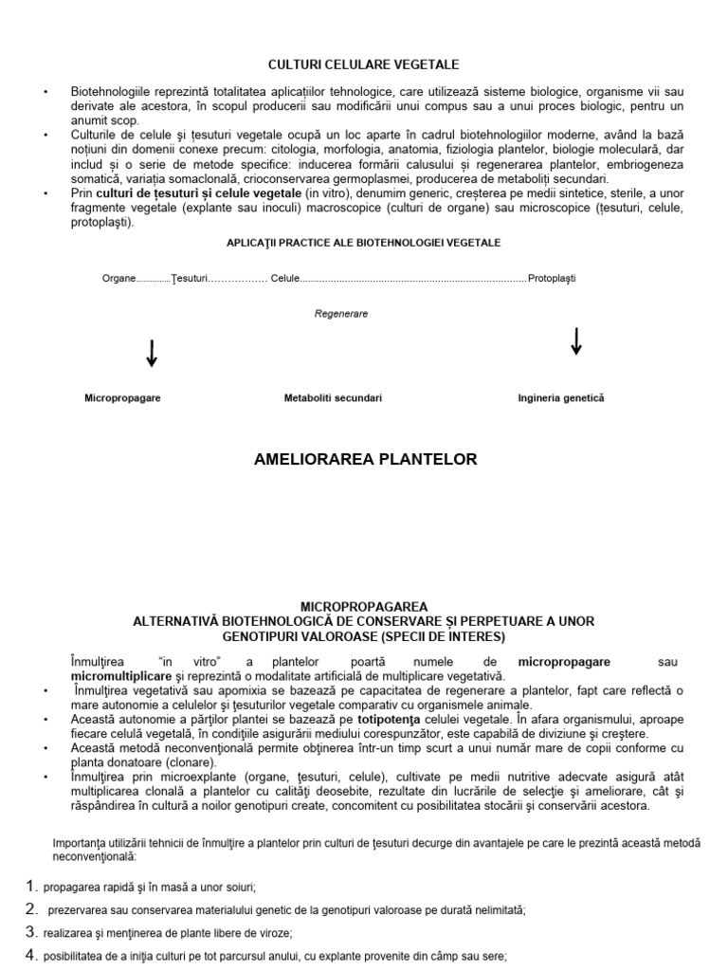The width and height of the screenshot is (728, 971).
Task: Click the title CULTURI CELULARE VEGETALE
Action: click(364, 64)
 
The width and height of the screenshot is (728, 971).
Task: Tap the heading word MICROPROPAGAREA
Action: click(364, 606)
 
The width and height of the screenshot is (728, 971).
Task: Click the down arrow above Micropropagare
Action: click(151, 354)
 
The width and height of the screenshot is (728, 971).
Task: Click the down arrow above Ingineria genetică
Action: click(575, 341)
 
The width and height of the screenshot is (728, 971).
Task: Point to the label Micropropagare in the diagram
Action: click(122, 398)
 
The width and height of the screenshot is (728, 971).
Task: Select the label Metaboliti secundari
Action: click(333, 398)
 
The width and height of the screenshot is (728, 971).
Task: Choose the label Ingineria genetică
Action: click(560, 398)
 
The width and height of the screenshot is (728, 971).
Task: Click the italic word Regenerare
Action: click(341, 313)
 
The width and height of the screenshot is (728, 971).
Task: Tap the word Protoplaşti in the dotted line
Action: click(552, 278)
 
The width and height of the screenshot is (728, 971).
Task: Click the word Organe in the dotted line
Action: click(118, 278)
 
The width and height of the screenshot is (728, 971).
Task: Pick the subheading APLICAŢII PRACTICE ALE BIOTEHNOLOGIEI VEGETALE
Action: click(364, 243)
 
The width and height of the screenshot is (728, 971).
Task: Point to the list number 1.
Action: click(30, 887)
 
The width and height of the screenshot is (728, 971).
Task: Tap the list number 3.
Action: click(30, 932)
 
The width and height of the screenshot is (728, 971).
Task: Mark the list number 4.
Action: click(30, 955)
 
